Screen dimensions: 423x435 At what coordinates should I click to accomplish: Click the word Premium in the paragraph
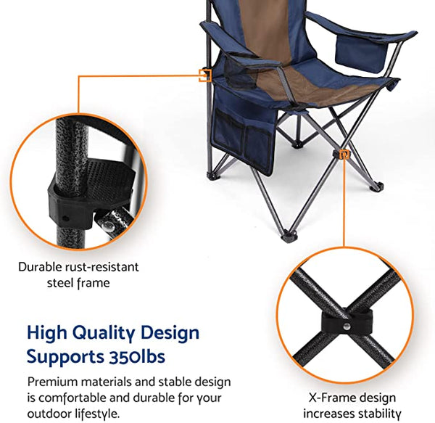tap(52, 382)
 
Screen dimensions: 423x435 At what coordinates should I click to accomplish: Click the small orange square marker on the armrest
tap(205, 73)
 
